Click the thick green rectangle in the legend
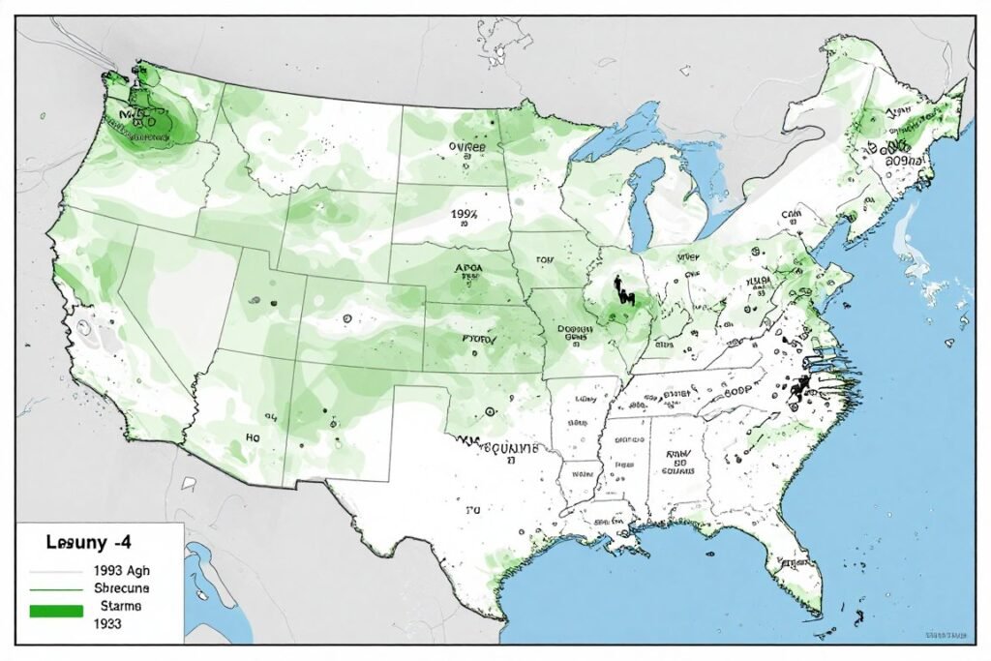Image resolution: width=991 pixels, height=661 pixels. [x=57, y=611]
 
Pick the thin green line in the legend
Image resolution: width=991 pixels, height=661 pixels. [x=57, y=589]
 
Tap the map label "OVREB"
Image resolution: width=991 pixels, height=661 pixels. [x=467, y=147]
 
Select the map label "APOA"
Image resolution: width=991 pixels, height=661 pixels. [x=466, y=271]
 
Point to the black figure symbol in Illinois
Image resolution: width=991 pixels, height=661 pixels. [x=617, y=290]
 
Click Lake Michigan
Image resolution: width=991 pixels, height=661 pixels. [x=642, y=203]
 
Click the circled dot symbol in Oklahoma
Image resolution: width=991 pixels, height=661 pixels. [x=490, y=411]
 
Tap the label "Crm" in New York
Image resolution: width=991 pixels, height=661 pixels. [x=792, y=215]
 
